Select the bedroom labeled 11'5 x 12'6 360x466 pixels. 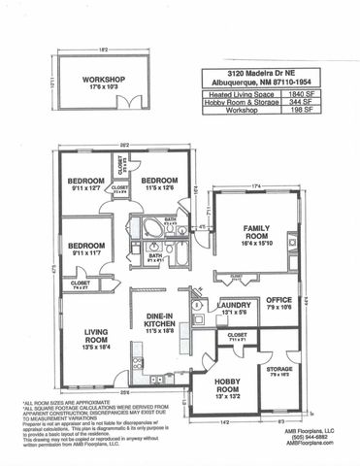click(x=157, y=183)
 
